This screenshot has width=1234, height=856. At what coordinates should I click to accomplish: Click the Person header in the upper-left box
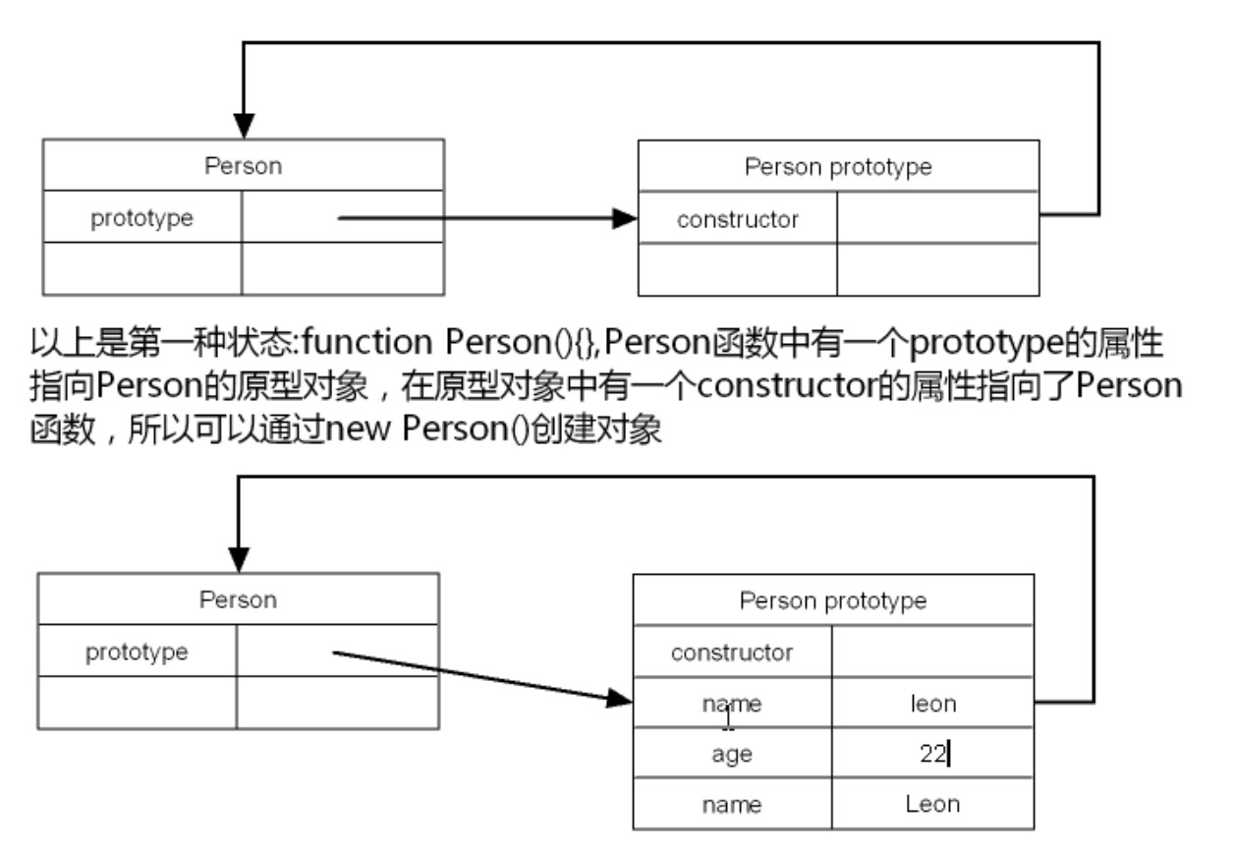click(x=243, y=166)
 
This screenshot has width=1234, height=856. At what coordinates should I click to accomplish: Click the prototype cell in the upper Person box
click(x=141, y=218)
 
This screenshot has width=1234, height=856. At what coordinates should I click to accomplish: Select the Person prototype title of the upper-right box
click(x=837, y=167)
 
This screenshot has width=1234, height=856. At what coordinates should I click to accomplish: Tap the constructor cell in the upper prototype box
click(x=737, y=219)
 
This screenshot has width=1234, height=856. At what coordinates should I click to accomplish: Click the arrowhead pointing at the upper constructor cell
click(x=626, y=218)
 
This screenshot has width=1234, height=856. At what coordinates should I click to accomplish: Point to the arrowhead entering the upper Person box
click(x=244, y=127)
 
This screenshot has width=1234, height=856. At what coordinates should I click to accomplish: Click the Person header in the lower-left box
click(x=238, y=599)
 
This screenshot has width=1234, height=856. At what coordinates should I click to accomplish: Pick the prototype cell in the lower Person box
click(x=137, y=651)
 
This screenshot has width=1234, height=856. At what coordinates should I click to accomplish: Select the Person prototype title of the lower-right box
click(x=832, y=600)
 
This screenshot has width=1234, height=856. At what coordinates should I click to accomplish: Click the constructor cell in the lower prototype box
click(x=731, y=652)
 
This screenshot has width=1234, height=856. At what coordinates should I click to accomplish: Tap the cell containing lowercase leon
click(x=932, y=703)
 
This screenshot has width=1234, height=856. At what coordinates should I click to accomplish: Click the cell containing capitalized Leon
click(x=932, y=804)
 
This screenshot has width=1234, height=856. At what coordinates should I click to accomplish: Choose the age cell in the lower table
click(x=731, y=754)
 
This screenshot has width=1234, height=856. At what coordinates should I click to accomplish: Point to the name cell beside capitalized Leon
click(x=731, y=805)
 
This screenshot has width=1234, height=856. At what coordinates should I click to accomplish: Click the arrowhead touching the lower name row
click(x=619, y=700)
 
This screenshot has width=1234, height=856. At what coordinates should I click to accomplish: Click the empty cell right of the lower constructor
click(x=932, y=652)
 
